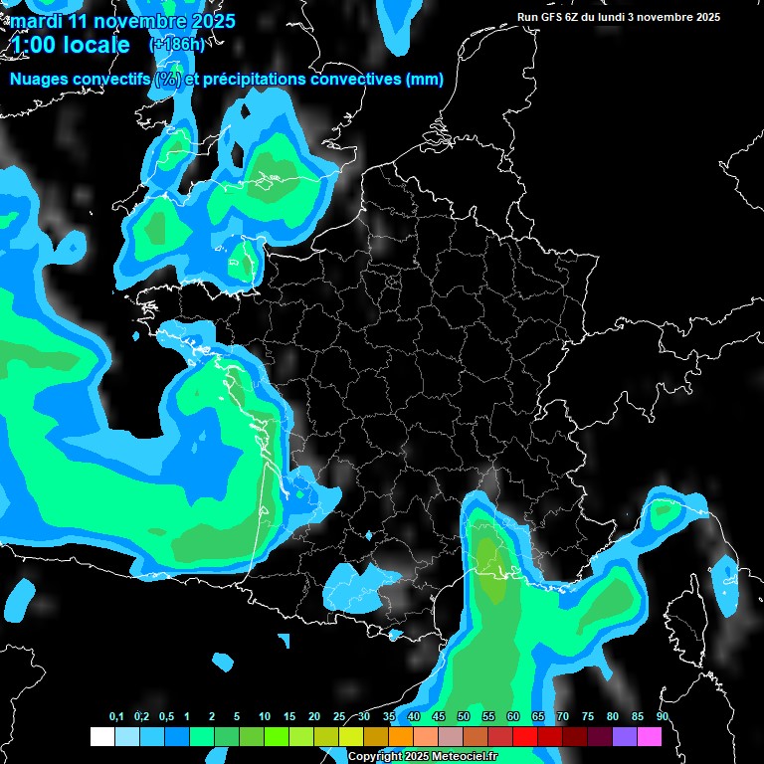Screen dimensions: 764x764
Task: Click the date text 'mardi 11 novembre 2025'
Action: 123,21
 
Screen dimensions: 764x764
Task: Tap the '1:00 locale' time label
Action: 71,45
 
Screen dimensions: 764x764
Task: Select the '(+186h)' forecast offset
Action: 176,45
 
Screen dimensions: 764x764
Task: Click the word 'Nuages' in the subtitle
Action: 39,80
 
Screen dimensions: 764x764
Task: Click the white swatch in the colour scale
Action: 101,737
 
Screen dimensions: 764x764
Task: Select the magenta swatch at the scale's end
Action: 650,737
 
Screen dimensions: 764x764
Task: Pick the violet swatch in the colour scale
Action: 625,737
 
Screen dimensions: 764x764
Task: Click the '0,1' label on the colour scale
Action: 116,717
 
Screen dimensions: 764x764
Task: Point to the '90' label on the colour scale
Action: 663,717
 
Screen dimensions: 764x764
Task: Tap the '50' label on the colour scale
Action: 464,717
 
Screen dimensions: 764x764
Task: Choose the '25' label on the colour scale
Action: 339,717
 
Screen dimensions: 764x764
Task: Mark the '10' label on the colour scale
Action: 265,717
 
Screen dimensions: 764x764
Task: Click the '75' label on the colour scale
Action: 588,717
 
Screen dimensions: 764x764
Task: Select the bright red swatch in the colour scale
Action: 525,737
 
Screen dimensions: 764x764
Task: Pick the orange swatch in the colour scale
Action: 401,737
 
